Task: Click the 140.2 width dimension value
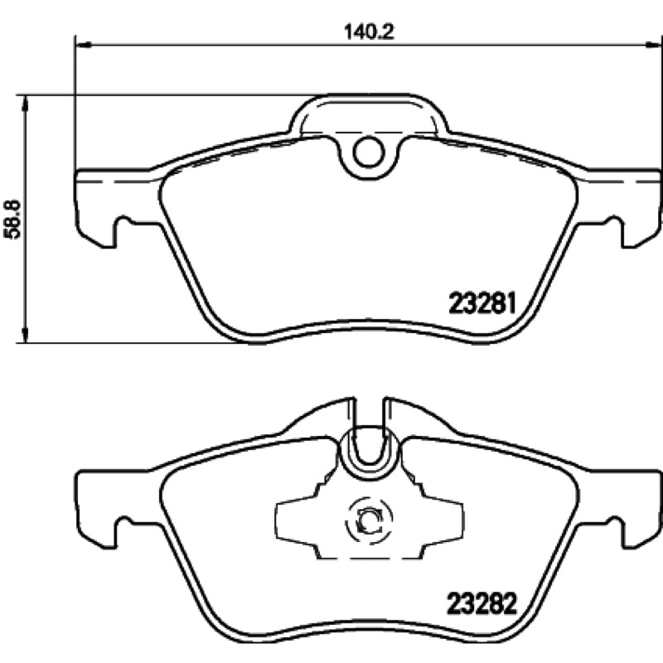pos(369,31)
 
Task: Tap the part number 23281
pos(482,303)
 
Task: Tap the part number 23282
pos(482,604)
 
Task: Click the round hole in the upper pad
pos(369,152)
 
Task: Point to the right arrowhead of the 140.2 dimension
pos(654,44)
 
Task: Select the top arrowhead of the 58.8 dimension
pos(27,103)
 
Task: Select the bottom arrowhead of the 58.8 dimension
pos(27,335)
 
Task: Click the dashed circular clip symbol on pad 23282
pos(369,520)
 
